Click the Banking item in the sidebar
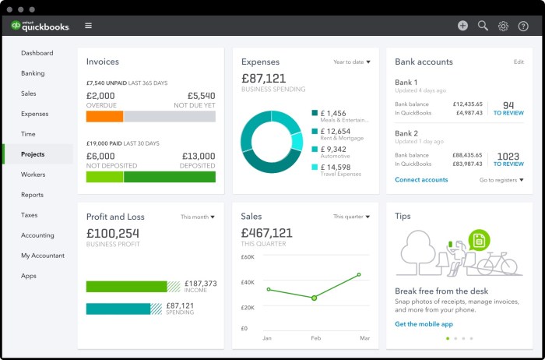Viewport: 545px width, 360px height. click(33, 73)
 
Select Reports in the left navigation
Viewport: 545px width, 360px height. click(33, 195)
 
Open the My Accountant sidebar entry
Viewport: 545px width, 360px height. click(43, 256)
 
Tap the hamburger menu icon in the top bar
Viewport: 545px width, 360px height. click(88, 26)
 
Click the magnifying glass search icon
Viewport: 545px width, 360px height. click(483, 26)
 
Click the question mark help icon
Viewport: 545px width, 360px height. click(523, 26)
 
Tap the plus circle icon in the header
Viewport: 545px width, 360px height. click(462, 26)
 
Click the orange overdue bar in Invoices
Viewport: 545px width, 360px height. click(104, 116)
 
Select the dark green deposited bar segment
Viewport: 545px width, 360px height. click(169, 177)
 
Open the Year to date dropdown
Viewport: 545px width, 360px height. click(352, 62)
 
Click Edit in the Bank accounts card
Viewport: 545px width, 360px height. click(519, 62)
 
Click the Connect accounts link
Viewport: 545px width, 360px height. click(421, 180)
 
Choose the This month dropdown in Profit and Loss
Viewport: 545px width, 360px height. click(198, 217)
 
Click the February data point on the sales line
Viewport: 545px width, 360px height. click(314, 298)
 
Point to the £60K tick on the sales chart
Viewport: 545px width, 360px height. click(248, 256)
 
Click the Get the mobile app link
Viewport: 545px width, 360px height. click(424, 323)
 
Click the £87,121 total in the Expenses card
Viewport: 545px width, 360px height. click(263, 78)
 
